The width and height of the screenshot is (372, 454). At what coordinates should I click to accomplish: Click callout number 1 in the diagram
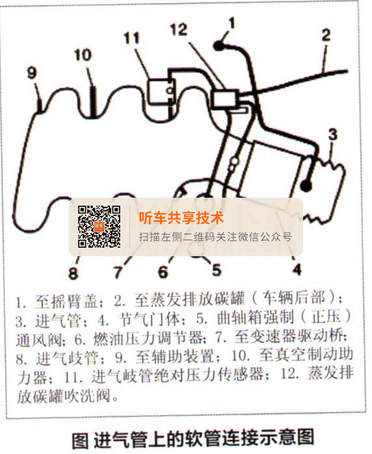[232, 23]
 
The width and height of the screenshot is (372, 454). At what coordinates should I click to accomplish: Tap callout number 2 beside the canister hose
[326, 35]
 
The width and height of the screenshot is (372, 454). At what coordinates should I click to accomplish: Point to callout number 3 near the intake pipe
[333, 135]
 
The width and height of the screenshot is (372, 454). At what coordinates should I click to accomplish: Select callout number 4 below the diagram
[297, 269]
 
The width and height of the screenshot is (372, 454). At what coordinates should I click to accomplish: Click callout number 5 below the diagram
[217, 270]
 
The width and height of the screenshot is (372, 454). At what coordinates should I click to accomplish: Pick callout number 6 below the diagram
[163, 272]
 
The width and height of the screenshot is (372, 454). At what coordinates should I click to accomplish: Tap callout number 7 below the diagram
[118, 272]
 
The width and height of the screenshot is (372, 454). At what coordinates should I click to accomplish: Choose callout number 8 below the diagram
[73, 273]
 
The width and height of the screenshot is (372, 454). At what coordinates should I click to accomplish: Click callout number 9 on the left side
[32, 72]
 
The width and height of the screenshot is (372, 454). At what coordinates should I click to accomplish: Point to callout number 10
[83, 55]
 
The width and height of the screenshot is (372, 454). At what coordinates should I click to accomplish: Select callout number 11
[132, 38]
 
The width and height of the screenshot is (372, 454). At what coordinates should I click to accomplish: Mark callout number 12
[179, 29]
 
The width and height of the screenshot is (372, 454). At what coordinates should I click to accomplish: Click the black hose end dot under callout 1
[219, 46]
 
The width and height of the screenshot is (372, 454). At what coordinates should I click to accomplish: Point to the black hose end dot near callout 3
[306, 185]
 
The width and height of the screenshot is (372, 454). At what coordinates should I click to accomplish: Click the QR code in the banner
[99, 227]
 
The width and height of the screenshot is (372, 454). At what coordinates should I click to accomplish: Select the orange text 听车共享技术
[181, 218]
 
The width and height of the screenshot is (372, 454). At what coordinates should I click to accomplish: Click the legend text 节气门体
[150, 319]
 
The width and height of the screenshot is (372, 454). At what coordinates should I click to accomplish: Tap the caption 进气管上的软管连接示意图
[204, 438]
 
